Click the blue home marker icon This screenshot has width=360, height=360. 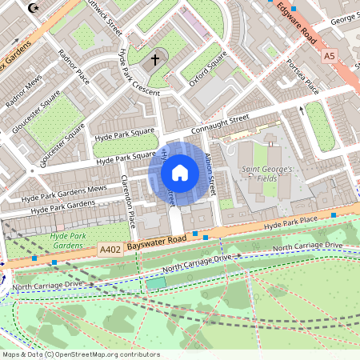tap(180, 173)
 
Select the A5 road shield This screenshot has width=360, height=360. tap(330, 56)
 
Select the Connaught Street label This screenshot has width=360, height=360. tap(221, 124)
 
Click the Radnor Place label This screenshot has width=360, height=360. tap(74, 66)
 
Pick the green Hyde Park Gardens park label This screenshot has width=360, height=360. tap(67, 241)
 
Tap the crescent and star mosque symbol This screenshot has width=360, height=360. tap(33, 8)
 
